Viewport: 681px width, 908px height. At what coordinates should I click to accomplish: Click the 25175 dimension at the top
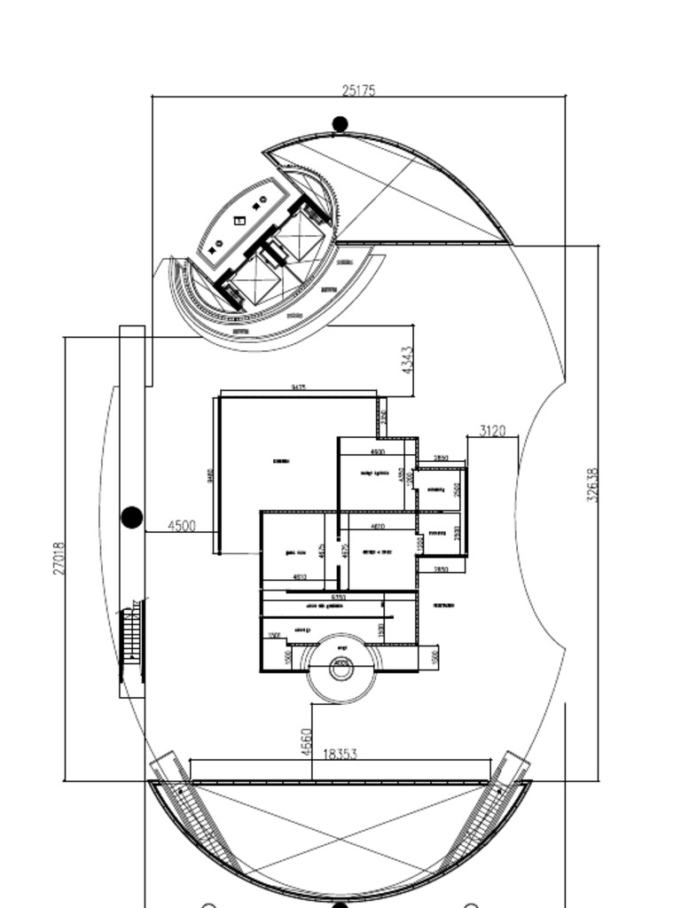(x=358, y=90)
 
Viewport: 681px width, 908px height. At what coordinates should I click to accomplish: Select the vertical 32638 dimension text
(x=592, y=485)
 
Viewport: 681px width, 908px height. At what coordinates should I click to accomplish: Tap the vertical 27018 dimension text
(x=59, y=558)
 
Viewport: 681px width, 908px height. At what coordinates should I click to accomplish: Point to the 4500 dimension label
(x=181, y=525)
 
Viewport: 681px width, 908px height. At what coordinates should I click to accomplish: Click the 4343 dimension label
(x=406, y=359)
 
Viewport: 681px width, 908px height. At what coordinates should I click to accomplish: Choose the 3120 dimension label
(x=492, y=431)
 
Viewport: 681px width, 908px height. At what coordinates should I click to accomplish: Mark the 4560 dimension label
(x=306, y=741)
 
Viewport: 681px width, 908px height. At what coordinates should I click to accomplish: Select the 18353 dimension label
(x=340, y=754)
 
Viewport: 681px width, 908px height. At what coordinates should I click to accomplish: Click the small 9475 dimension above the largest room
(x=299, y=387)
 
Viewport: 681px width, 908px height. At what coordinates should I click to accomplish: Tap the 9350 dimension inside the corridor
(x=338, y=599)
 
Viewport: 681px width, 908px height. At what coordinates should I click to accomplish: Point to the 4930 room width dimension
(x=377, y=452)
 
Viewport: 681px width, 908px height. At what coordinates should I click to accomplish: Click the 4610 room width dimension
(x=377, y=527)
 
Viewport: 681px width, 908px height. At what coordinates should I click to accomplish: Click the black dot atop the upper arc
(x=340, y=124)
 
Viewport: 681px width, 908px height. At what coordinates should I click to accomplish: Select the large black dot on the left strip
(x=131, y=517)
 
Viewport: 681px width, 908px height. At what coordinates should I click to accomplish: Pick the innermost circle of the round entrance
(x=341, y=668)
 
